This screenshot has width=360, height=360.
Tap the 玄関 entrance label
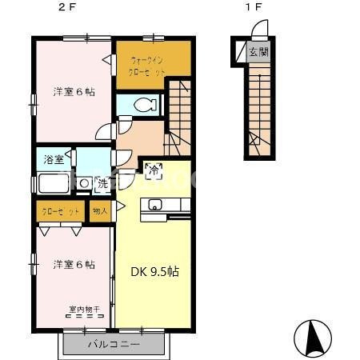(258, 53)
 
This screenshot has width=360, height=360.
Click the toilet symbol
(144, 105)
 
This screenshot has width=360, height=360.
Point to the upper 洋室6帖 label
(74, 92)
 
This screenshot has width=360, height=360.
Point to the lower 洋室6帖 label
(74, 264)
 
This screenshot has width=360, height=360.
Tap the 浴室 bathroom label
(54, 159)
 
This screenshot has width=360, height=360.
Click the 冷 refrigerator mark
(154, 170)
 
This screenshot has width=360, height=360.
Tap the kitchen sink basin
(155, 204)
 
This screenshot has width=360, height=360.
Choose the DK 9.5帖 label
(154, 271)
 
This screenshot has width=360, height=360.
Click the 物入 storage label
(101, 212)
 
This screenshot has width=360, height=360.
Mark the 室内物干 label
(82, 308)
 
